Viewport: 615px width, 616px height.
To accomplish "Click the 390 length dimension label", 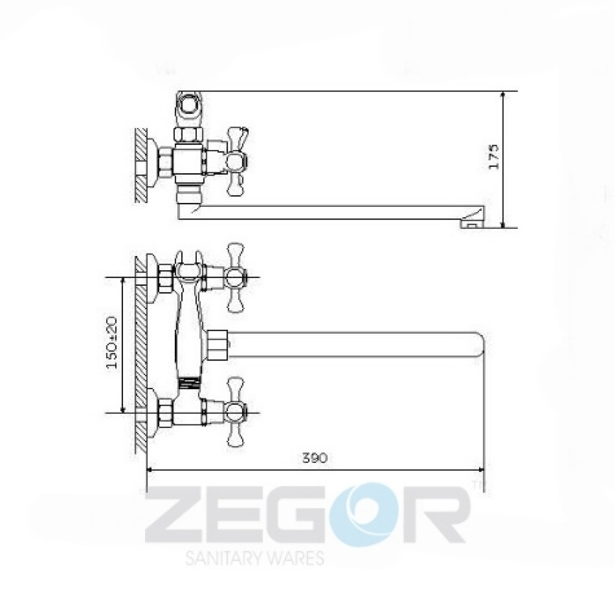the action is tap(315, 458).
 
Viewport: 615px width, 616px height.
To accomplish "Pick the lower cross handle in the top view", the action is tap(236, 413).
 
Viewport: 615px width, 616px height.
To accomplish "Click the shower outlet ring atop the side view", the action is tap(189, 105).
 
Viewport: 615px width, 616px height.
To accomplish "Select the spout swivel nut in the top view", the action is tap(218, 345).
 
